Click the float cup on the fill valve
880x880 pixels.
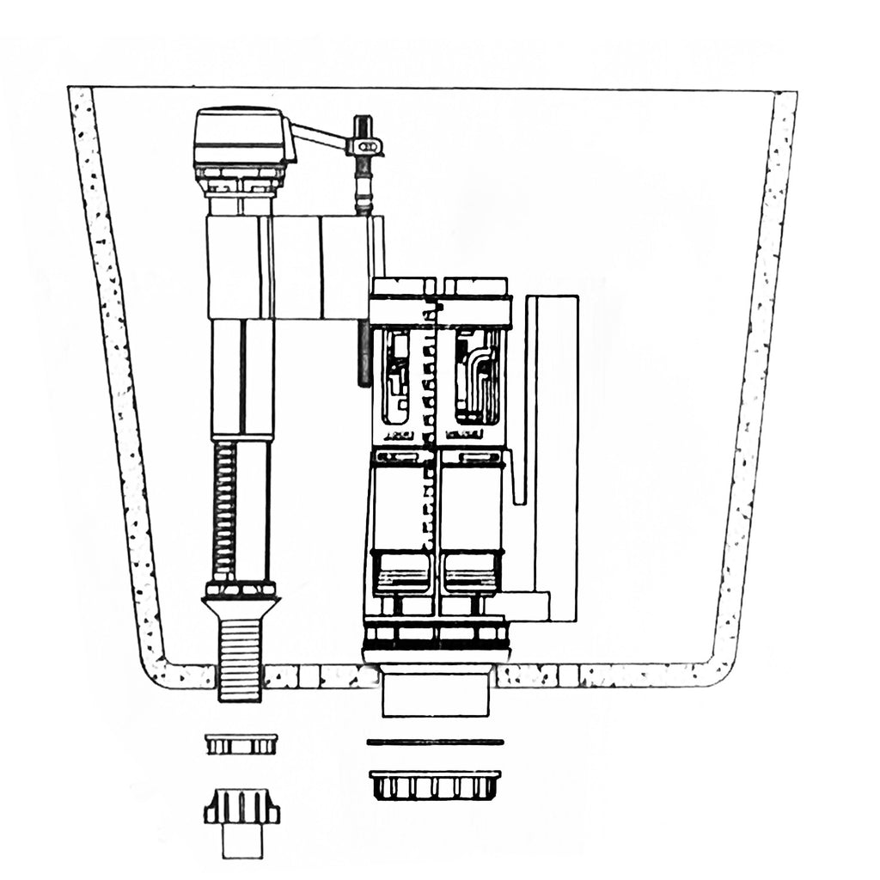(x=292, y=266)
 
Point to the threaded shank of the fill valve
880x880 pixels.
(x=240, y=657)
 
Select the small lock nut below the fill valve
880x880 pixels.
(x=241, y=743)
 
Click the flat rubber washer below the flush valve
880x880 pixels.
(x=435, y=742)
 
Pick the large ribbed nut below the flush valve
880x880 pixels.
(x=435, y=785)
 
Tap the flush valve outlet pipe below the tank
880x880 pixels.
(x=436, y=694)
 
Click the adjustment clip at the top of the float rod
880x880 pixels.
(x=364, y=147)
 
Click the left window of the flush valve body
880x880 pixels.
(x=396, y=378)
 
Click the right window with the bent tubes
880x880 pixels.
(x=478, y=376)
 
